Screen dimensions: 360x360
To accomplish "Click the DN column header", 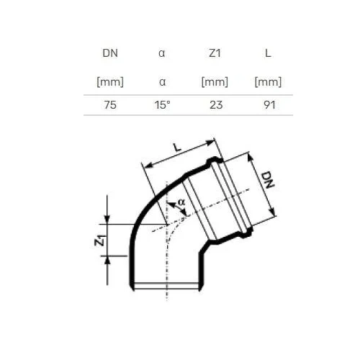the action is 110,53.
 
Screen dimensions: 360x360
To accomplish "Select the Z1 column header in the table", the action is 215,53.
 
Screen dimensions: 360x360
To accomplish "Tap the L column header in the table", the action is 268,53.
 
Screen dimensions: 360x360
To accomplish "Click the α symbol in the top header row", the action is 162,53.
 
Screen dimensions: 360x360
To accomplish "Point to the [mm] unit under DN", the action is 110,82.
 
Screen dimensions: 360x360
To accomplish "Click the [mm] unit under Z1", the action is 215,82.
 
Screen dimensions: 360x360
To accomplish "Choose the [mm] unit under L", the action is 268,82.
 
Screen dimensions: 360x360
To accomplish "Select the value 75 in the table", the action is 110,105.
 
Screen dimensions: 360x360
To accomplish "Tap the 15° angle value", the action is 162,105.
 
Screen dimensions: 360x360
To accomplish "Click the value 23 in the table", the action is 216,105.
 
